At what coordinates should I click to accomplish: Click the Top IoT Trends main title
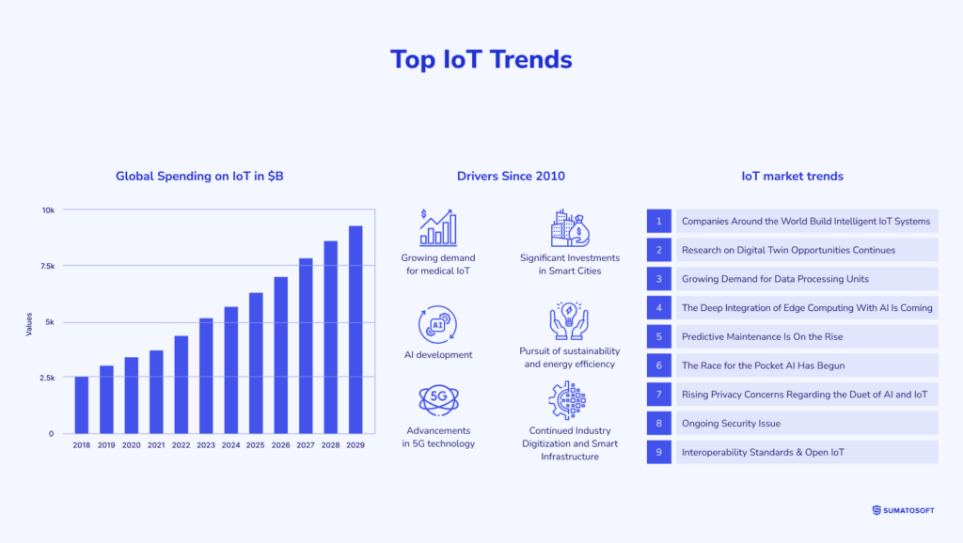(481, 59)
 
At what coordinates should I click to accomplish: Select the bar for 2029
(355, 330)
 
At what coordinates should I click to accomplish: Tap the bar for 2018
(82, 405)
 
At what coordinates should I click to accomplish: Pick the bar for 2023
(206, 376)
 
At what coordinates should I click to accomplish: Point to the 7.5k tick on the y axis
(46, 266)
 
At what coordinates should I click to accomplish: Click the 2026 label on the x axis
(280, 444)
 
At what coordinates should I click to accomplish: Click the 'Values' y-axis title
(28, 325)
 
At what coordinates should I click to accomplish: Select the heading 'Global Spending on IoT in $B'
(199, 176)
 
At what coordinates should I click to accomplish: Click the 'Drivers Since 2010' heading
(511, 176)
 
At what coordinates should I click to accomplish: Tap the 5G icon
(437, 399)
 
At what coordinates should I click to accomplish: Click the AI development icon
(437, 324)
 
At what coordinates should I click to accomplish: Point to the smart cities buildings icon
(569, 228)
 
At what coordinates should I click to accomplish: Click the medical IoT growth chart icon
(437, 228)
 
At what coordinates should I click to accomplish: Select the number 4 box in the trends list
(659, 307)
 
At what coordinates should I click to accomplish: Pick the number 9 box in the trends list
(659, 452)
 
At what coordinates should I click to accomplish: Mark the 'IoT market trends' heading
(792, 176)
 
